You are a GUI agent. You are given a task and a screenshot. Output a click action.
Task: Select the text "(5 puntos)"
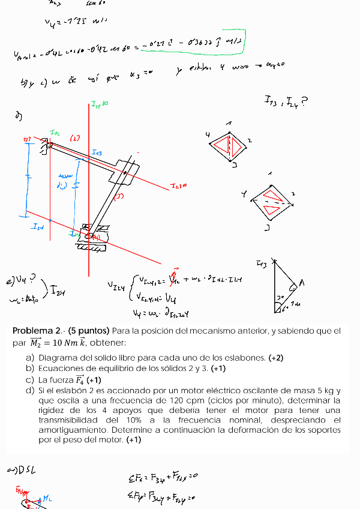click(89, 331)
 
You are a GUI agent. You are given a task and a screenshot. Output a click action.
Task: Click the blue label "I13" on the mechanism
click(97, 153)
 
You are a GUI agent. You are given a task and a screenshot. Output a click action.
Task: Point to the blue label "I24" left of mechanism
click(38, 227)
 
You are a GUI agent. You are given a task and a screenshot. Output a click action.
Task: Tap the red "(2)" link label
click(75, 138)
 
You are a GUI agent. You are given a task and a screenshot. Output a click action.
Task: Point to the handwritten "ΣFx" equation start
click(136, 478)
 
